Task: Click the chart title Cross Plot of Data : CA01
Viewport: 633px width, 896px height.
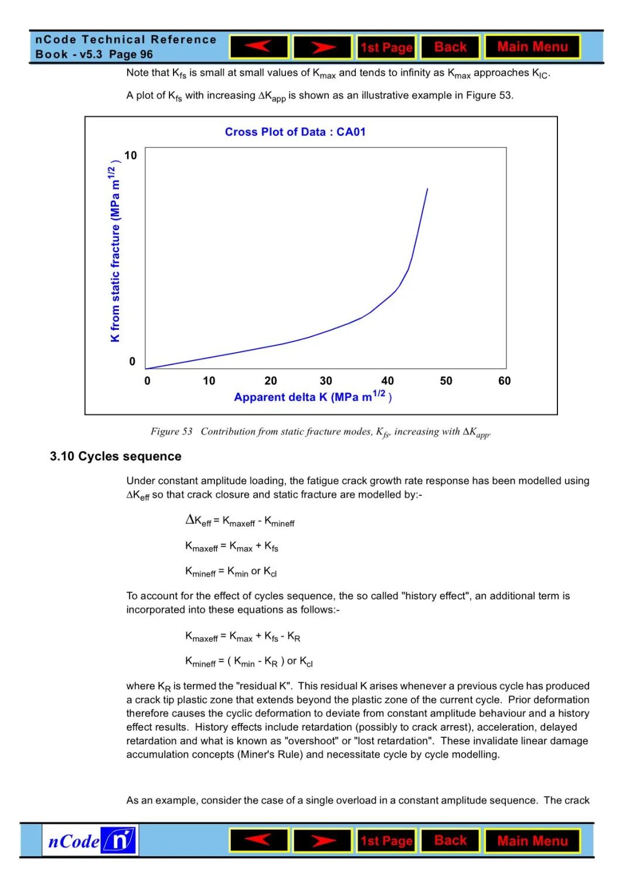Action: pos(295,132)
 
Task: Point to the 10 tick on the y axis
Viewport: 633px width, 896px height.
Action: pos(131,155)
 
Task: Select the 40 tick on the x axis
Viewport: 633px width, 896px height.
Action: pos(387,381)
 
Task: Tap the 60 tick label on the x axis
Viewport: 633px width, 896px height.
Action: pos(504,381)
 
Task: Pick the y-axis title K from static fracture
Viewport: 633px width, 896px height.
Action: pos(115,252)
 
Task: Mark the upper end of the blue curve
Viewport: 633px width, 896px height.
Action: pos(427,189)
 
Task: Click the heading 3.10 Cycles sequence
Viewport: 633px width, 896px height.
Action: pos(115,456)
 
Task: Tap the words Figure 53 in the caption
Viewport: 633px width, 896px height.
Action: pos(171,431)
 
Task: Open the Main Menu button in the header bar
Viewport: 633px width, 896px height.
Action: pos(532,47)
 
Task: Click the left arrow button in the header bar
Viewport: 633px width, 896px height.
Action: pos(259,47)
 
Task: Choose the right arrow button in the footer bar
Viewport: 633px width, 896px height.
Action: pos(322,841)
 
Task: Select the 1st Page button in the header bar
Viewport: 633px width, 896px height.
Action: pos(386,47)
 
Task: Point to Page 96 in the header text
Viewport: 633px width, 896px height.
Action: pos(131,54)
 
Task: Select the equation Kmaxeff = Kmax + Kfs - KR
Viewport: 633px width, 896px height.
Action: pos(243,637)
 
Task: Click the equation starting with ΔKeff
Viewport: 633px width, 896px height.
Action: pos(240,520)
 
